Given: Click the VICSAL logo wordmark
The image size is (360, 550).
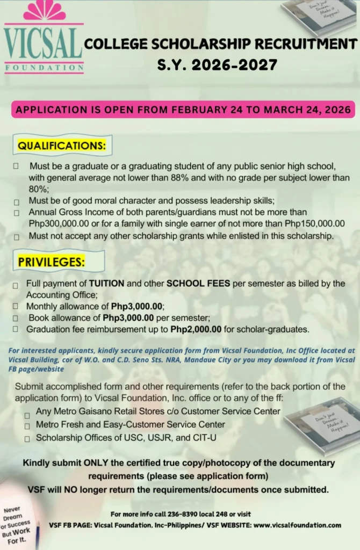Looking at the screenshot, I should click(x=44, y=44).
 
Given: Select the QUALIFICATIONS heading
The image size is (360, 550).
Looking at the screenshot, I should click(x=62, y=146).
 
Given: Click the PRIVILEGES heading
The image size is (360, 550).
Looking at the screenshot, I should click(x=52, y=262).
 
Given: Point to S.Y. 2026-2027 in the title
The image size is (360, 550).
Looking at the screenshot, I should click(x=217, y=66).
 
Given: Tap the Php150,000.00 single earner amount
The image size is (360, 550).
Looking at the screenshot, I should click(x=314, y=223).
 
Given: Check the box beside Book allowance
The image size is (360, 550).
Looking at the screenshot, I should click(x=16, y=318).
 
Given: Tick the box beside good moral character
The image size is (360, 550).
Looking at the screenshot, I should click(x=18, y=202).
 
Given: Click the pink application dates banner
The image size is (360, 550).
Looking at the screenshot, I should click(x=183, y=110).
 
